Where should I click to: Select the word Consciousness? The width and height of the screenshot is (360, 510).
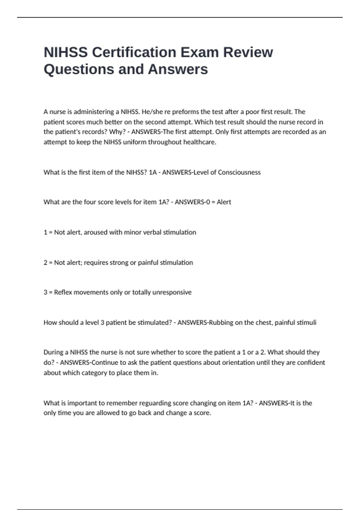pos(239,172)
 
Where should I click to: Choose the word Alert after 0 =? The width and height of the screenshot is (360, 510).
pos(224,202)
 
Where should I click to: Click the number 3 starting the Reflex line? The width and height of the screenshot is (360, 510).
pos(45,292)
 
